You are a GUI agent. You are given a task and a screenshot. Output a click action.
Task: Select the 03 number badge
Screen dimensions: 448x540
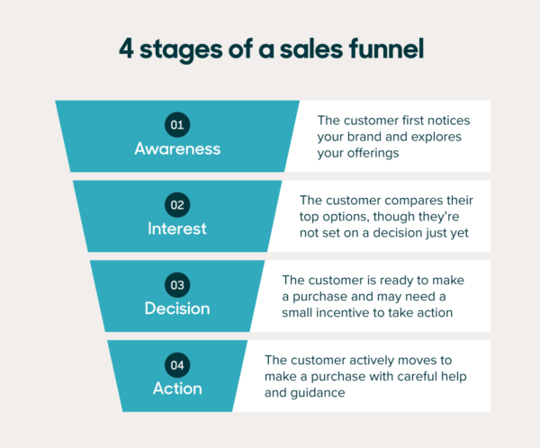tap(177, 285)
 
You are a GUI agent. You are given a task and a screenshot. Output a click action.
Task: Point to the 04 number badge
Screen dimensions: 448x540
tap(177, 365)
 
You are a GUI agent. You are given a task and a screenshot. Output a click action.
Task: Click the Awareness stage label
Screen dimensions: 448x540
tap(177, 148)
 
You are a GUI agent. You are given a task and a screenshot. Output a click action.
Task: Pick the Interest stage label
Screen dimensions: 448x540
tap(177, 228)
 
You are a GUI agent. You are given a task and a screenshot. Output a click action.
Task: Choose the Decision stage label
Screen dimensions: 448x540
tap(177, 309)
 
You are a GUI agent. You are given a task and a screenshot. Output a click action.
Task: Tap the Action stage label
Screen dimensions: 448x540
tap(177, 389)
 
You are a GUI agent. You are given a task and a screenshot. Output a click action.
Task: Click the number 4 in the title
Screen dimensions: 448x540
tap(127, 50)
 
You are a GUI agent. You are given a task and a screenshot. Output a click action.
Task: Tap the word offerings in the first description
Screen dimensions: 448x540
tap(378, 153)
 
